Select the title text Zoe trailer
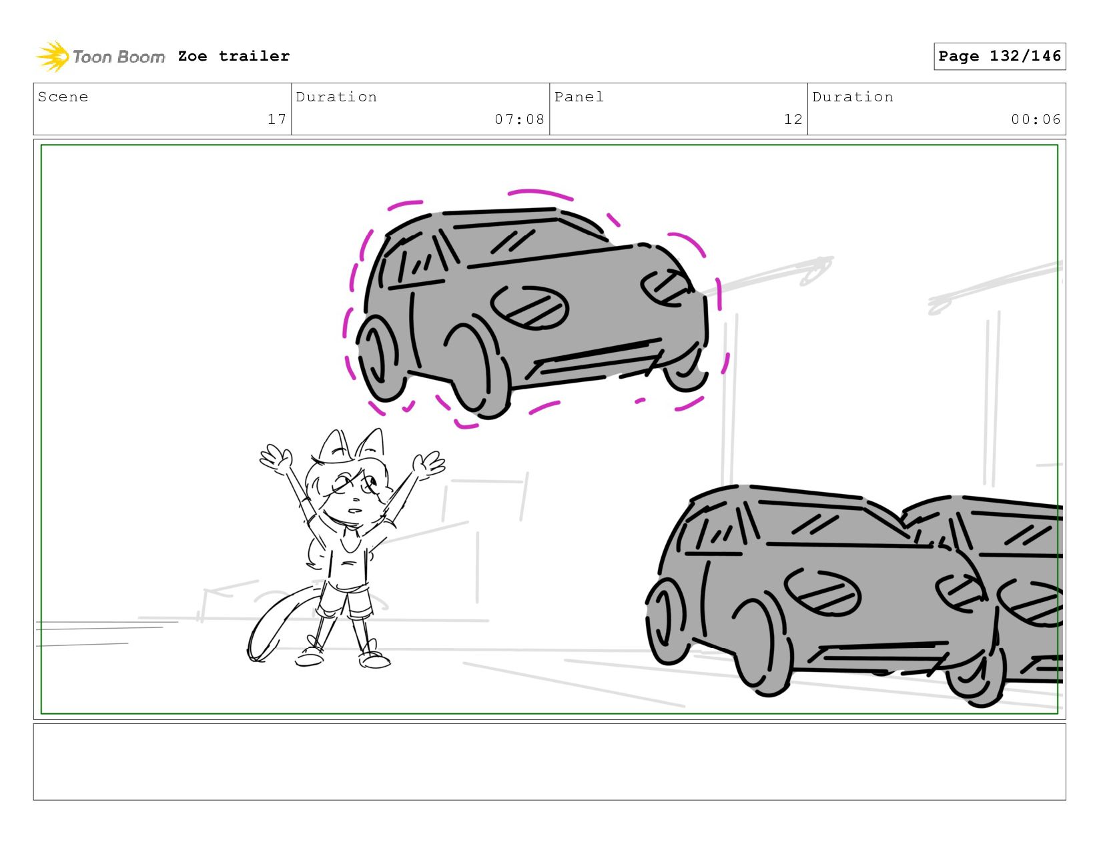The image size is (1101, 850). (x=234, y=56)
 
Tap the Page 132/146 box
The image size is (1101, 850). (x=999, y=56)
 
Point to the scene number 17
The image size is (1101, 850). (x=277, y=119)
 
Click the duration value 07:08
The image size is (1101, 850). (x=519, y=119)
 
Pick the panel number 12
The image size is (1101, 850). (x=793, y=119)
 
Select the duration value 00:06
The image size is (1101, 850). (x=1036, y=119)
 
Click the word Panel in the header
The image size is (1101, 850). (x=579, y=97)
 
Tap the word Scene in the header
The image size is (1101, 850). (x=63, y=97)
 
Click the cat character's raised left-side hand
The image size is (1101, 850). (x=276, y=459)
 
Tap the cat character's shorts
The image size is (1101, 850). (x=344, y=600)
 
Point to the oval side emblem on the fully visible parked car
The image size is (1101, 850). (x=822, y=592)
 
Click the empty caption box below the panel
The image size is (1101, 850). (x=550, y=762)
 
